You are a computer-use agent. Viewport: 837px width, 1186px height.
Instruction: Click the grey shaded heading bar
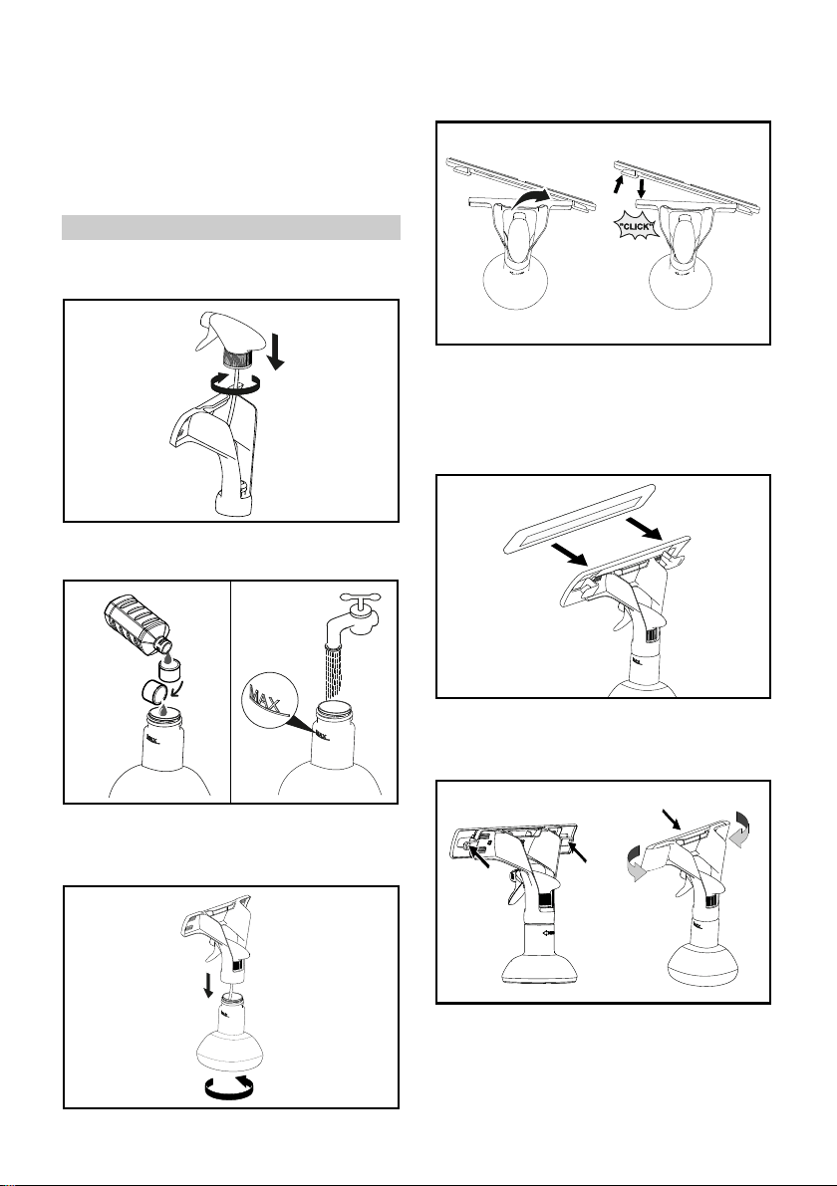pyautogui.click(x=231, y=227)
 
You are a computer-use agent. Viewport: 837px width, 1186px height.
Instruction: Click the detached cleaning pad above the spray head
pyautogui.click(x=578, y=518)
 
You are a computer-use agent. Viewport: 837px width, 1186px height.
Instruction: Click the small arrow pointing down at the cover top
pyautogui.click(x=672, y=819)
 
